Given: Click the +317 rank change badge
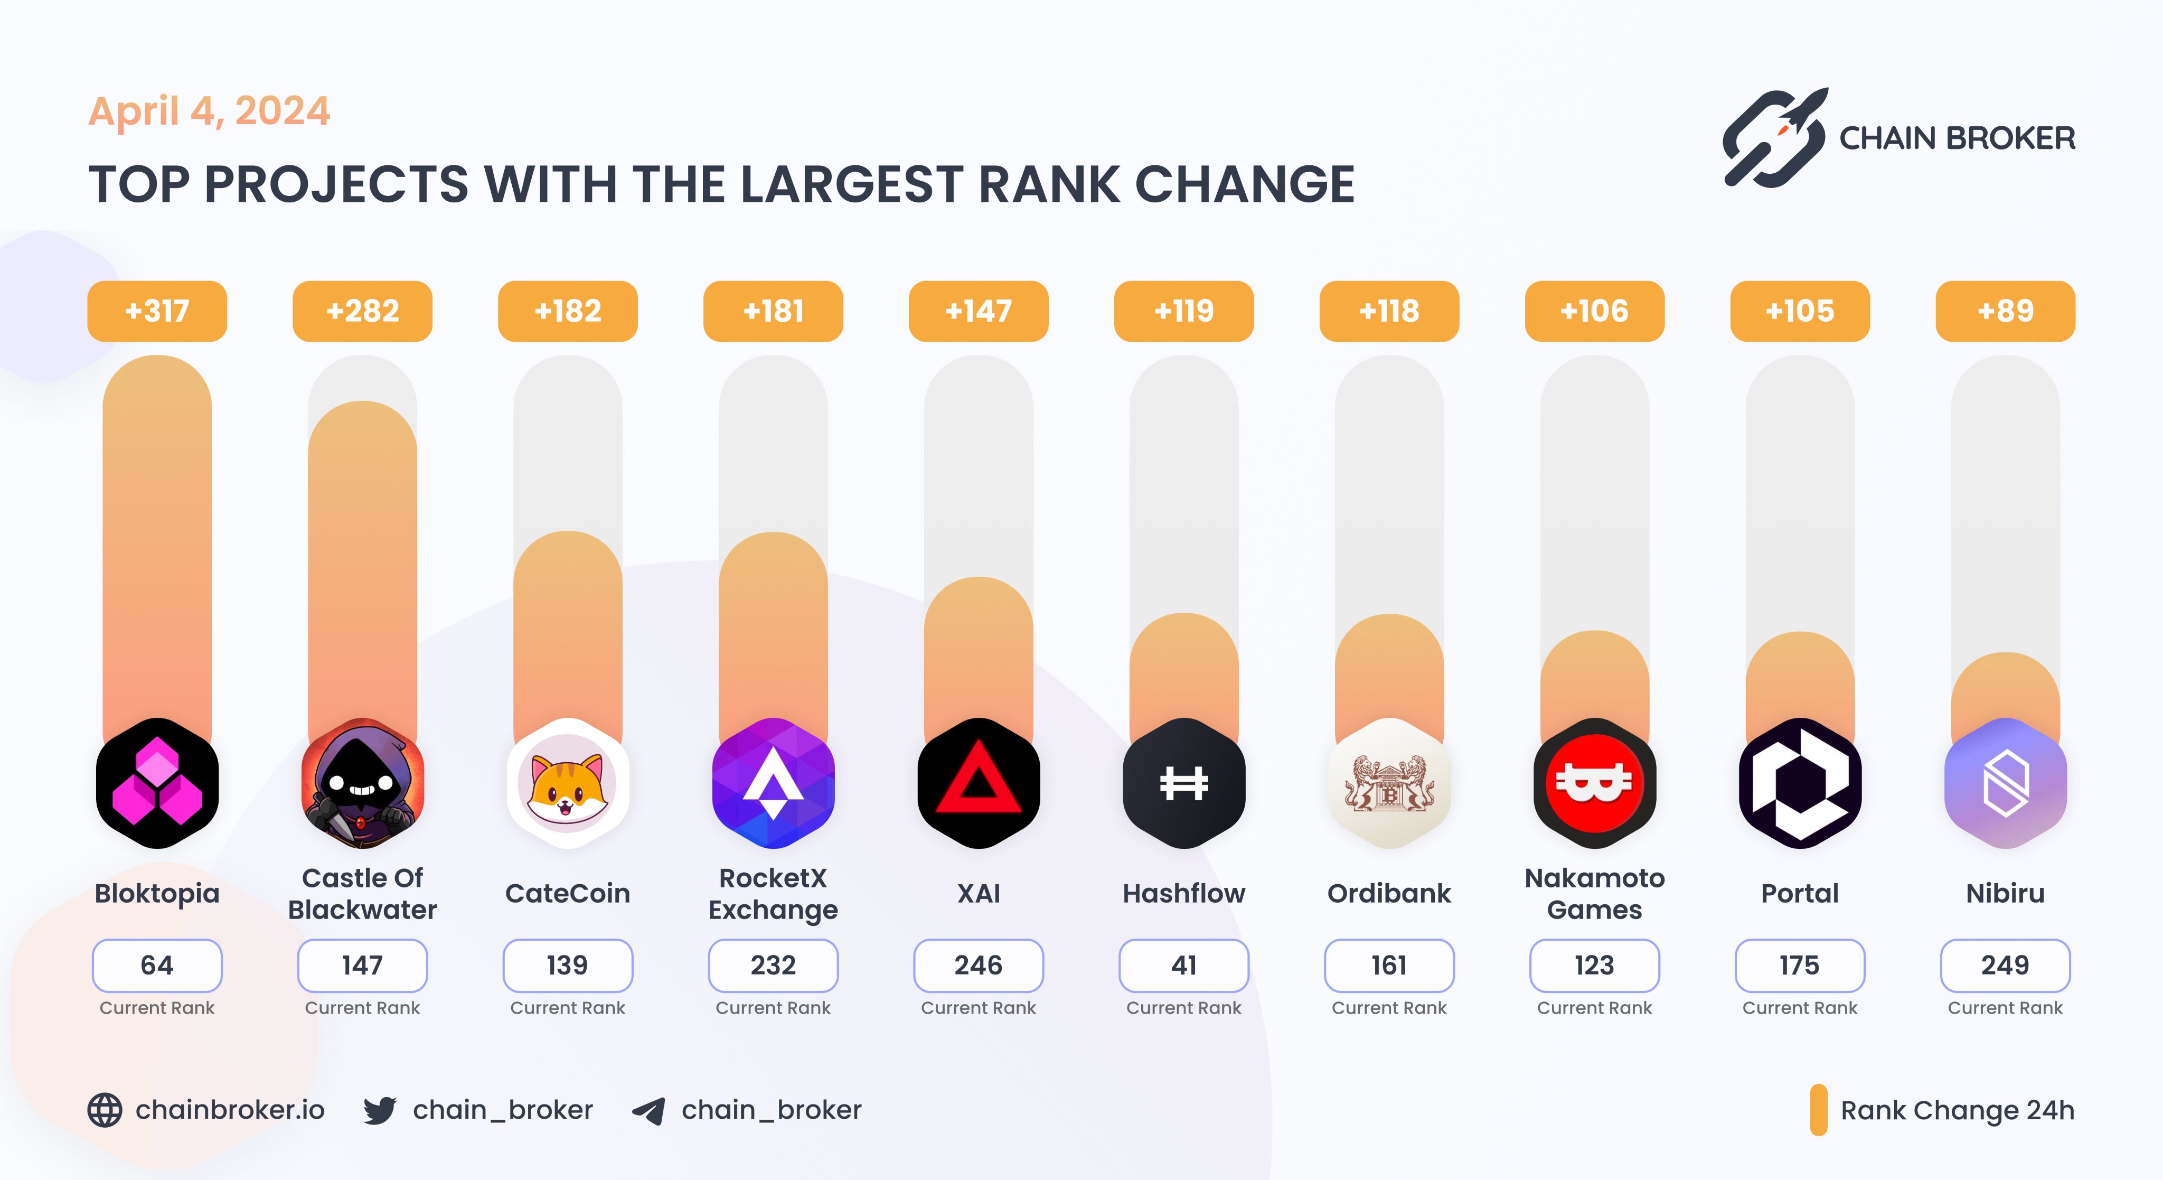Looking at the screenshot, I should tap(157, 311).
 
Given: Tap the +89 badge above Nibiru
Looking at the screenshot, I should tap(2005, 311).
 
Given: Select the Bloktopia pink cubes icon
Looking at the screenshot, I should tap(157, 783).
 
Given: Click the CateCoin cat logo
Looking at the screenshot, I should tap(568, 783).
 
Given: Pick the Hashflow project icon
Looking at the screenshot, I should tap(1184, 783).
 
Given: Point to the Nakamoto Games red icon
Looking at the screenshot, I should tap(1595, 783).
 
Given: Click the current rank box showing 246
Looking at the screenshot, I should tap(978, 965).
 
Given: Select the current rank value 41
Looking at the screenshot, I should tap(1184, 965).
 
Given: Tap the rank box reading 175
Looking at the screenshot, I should tap(1800, 965).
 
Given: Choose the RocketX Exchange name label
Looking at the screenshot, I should tap(773, 894).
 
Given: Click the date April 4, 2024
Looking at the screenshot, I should tap(209, 111).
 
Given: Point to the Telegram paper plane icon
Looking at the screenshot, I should tap(648, 1110).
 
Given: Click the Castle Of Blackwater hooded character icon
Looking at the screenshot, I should tap(363, 783).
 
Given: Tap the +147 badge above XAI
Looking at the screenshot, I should tap(978, 311).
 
